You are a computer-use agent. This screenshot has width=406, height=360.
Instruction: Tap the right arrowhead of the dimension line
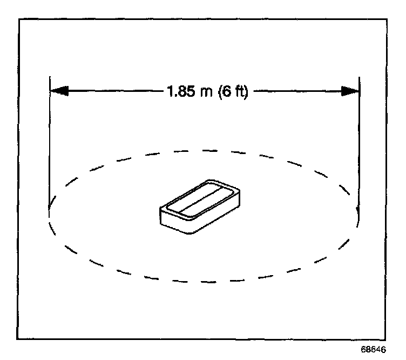(350, 92)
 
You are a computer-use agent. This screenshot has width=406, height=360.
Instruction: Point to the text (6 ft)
(231, 92)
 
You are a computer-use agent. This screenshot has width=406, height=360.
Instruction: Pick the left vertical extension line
(50, 146)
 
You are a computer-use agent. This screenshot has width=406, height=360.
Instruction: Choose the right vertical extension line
(359, 146)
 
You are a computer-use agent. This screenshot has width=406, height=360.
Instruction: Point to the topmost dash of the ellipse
(204, 149)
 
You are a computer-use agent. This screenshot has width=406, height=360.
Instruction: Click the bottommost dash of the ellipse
(204, 281)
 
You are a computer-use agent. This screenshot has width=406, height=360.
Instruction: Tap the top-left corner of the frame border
(19, 19)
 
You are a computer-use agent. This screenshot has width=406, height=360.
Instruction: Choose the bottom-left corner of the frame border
(19, 339)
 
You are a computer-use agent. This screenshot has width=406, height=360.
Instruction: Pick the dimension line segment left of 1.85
(113, 92)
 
